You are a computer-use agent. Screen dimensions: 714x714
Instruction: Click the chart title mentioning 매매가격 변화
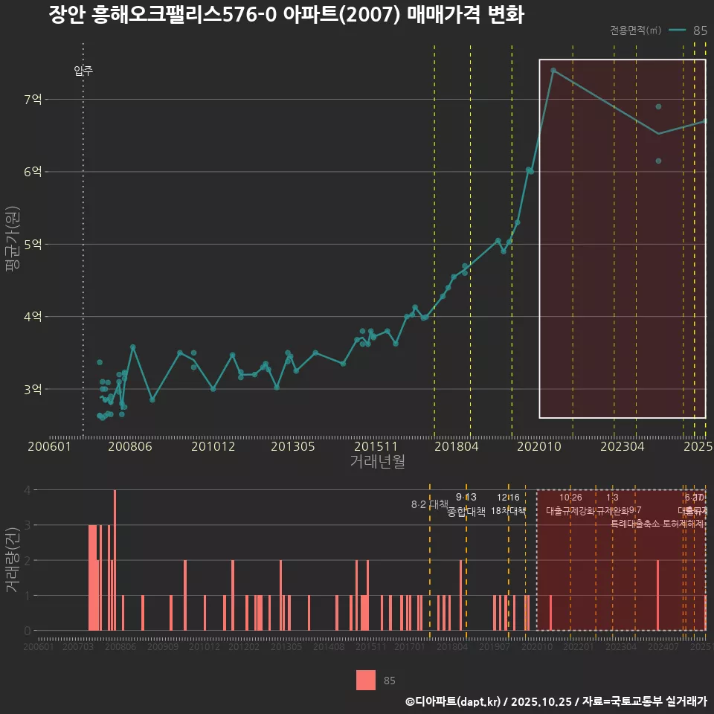pyautogui.click(x=286, y=15)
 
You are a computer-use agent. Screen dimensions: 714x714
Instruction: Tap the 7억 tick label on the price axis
pyautogui.click(x=32, y=99)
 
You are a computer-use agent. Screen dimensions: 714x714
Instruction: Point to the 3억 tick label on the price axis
pyautogui.click(x=32, y=389)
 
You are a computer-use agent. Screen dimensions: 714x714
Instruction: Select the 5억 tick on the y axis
pyautogui.click(x=32, y=244)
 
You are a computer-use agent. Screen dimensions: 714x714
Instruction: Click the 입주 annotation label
pyautogui.click(x=83, y=71)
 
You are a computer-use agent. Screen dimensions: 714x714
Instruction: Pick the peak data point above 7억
pyautogui.click(x=553, y=71)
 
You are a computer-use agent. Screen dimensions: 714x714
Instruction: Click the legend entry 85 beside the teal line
pyautogui.click(x=699, y=30)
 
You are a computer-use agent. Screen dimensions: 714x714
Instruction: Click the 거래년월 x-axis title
pyautogui.click(x=377, y=462)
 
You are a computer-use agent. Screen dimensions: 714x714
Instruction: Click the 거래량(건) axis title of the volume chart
pyautogui.click(x=12, y=560)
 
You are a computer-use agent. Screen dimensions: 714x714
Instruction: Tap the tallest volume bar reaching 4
pyautogui.click(x=115, y=560)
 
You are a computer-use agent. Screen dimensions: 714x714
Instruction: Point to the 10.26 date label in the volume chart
pyautogui.click(x=570, y=498)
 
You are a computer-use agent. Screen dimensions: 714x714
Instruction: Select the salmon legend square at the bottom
pyautogui.click(x=366, y=680)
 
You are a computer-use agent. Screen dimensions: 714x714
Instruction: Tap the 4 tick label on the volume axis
pyautogui.click(x=28, y=490)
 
